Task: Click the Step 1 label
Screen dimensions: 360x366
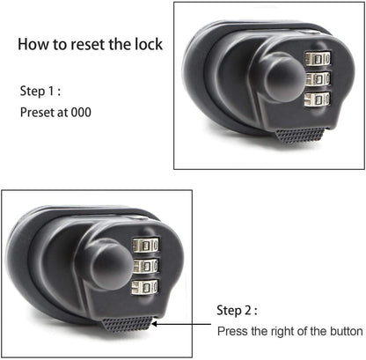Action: pos(41,91)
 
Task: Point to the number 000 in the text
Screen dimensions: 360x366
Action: pos(78,113)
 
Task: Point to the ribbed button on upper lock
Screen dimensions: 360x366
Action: pos(300,135)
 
